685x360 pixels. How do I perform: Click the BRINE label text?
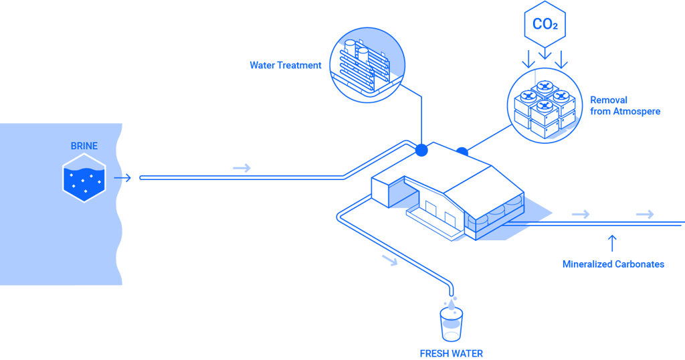click(84, 146)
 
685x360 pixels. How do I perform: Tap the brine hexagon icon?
click(84, 178)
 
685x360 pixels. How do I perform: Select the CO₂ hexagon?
click(545, 24)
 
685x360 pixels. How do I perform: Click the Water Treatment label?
click(285, 66)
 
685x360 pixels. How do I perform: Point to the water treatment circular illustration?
click(367, 65)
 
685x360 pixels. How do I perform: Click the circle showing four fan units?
click(545, 106)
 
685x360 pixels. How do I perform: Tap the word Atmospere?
click(637, 112)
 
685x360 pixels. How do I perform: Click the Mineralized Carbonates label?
click(613, 264)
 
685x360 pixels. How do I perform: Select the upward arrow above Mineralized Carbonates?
click(613, 244)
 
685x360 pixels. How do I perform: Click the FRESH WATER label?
click(452, 353)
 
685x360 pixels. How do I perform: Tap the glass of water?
click(452, 325)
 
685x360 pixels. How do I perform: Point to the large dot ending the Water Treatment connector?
click(421, 151)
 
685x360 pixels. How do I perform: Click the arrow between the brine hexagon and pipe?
click(122, 178)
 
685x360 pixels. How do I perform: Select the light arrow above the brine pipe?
click(241, 168)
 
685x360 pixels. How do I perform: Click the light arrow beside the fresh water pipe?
click(390, 260)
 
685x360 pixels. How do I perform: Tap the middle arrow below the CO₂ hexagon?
click(545, 54)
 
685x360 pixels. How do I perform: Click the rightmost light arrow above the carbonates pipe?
click(645, 215)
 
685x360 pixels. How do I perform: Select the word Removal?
click(609, 100)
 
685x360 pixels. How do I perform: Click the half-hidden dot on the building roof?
click(462, 152)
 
